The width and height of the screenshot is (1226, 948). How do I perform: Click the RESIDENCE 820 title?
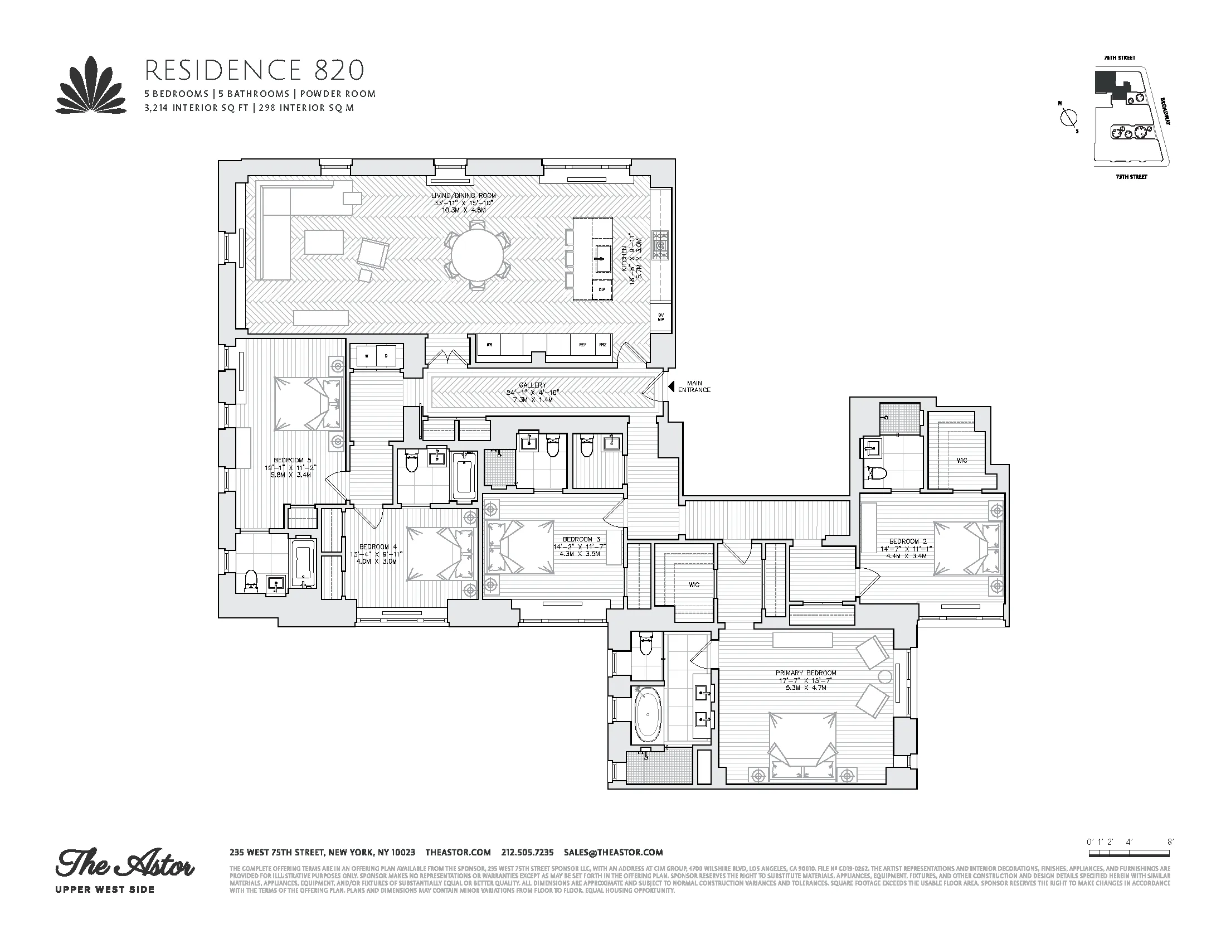click(x=254, y=71)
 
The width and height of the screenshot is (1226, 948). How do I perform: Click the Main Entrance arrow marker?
click(x=670, y=386)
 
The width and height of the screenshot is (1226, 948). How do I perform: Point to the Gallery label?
click(x=532, y=385)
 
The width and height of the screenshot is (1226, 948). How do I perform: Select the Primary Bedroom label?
click(x=806, y=673)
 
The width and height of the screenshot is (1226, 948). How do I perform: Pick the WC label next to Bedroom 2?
click(x=962, y=461)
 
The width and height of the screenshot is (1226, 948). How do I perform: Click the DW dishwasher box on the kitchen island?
click(x=601, y=289)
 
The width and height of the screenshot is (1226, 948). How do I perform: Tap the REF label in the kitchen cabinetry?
click(x=582, y=345)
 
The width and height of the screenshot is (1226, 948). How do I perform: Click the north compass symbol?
click(x=1069, y=118)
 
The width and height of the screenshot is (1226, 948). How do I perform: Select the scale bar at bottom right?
click(x=1130, y=869)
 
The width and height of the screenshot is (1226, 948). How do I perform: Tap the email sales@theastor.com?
click(x=614, y=852)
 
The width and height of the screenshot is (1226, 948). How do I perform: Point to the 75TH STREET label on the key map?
click(x=1131, y=176)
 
